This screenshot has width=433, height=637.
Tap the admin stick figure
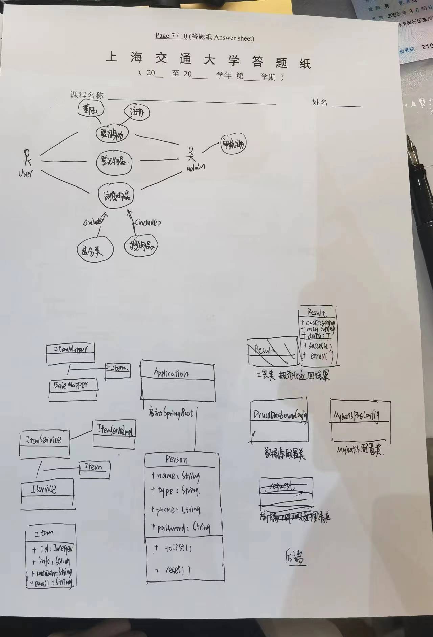(x=191, y=154)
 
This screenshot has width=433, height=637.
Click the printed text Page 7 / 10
(x=171, y=36)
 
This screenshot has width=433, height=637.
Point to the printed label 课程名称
(x=87, y=95)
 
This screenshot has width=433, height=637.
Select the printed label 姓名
(x=320, y=102)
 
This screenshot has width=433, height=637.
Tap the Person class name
(x=176, y=459)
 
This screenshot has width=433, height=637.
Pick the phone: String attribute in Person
(x=176, y=510)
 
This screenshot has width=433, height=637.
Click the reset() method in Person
(x=176, y=570)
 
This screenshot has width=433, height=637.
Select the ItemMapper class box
(x=70, y=353)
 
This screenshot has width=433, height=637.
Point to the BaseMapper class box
(x=73, y=389)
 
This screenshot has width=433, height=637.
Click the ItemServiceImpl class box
(x=114, y=434)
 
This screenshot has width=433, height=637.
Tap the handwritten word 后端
(x=294, y=557)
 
